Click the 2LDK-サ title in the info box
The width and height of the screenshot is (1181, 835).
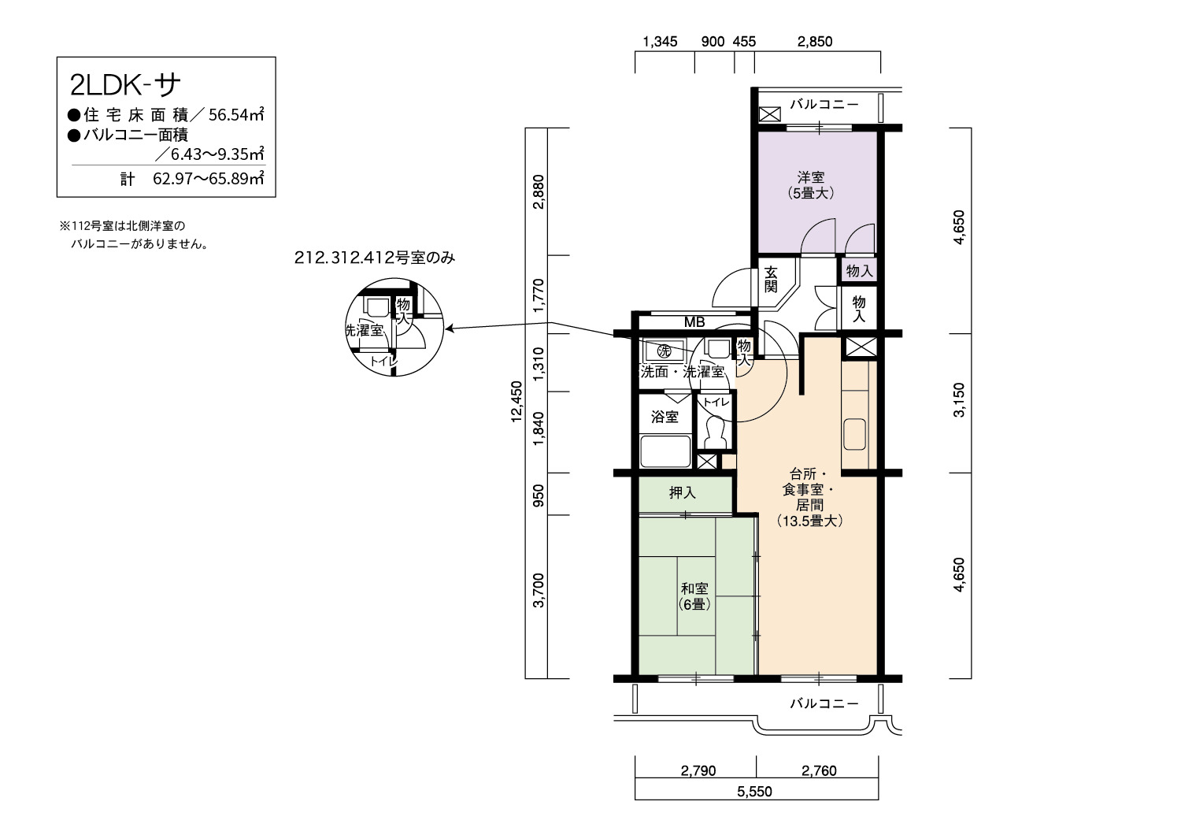[x=125, y=85]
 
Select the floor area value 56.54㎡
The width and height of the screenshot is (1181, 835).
[x=236, y=114]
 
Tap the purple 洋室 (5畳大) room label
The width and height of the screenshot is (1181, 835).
[x=811, y=185]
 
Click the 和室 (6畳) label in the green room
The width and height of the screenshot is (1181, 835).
[x=694, y=596]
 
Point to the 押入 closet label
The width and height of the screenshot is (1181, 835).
[x=683, y=492]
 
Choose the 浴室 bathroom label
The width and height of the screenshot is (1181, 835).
[x=665, y=417]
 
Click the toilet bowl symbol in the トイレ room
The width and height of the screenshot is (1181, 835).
[x=715, y=432]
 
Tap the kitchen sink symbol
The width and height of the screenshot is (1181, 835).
[x=854, y=434]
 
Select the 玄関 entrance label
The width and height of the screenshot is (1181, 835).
[x=771, y=280]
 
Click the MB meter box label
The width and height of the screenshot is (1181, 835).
[x=694, y=321]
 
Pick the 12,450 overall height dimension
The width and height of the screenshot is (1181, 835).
[x=516, y=402]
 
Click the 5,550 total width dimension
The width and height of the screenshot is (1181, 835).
[x=754, y=791]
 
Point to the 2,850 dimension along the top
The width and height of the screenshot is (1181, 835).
[x=815, y=42]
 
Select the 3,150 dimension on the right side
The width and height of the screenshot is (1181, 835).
[x=959, y=400]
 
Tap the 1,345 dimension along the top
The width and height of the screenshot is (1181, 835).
[x=660, y=42]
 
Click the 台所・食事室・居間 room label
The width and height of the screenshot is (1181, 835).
[x=809, y=489]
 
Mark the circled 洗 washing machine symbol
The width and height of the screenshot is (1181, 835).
[x=664, y=351]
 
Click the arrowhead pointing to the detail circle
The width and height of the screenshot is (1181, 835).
[x=450, y=328]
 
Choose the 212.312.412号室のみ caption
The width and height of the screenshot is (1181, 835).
[x=374, y=258]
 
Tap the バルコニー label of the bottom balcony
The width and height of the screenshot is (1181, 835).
[x=824, y=703]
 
